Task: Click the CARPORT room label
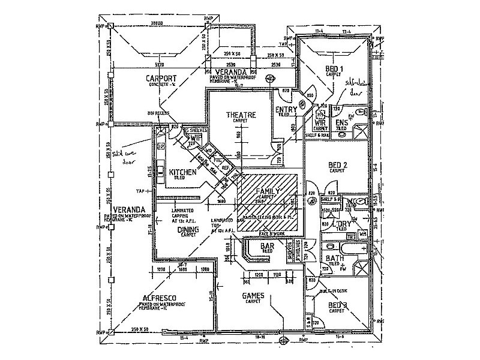(161, 79)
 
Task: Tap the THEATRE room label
(241, 114)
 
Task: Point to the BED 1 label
(334, 68)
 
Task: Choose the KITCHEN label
(183, 172)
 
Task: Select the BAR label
(268, 246)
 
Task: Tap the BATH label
(334, 259)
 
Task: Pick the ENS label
(342, 122)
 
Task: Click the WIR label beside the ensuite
(320, 122)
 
